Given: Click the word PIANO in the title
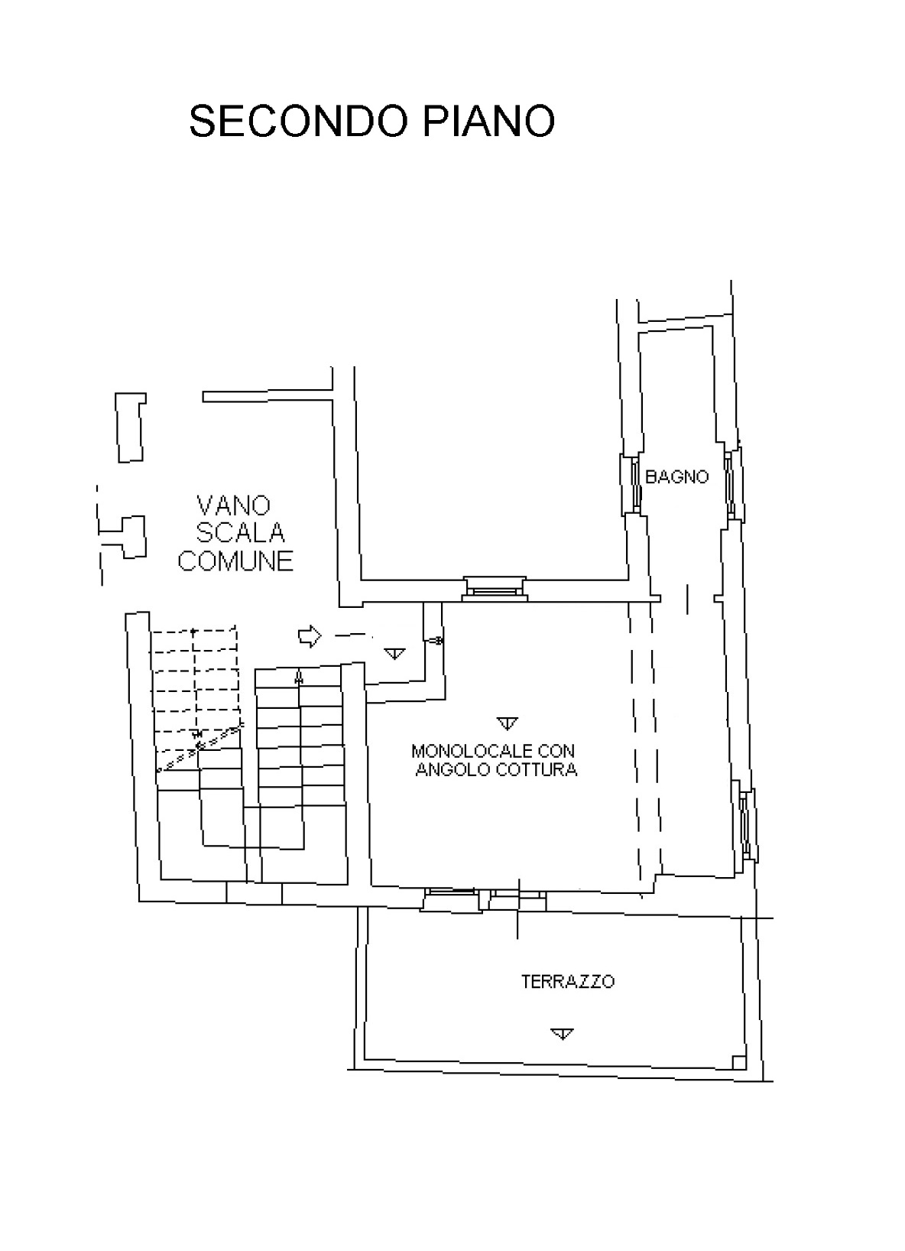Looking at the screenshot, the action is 488,121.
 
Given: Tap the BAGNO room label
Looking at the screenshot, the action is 676,476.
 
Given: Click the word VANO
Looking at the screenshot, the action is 233,505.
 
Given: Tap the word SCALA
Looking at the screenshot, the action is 240,532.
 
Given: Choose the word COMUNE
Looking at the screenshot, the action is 235,561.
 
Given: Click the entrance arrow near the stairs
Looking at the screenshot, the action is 310,635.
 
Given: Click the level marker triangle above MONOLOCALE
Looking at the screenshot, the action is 507,723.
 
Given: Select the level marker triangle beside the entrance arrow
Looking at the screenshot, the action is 394,653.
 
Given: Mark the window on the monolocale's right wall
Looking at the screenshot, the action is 747,824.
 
